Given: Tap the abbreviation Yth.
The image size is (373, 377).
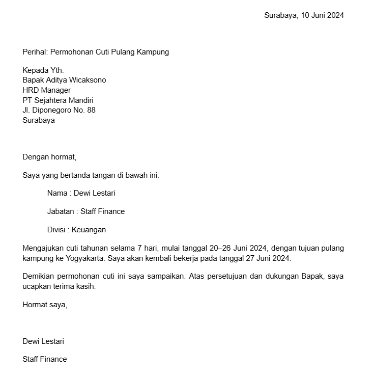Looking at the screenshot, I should [x=57, y=70].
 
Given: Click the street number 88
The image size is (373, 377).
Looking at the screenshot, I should [x=91, y=110].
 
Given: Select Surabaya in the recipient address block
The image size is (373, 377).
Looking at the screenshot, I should [x=39, y=121].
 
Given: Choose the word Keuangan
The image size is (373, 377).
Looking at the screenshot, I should [x=89, y=230].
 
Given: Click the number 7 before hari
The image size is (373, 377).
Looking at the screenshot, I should [x=139, y=248].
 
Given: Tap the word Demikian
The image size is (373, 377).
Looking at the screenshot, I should [x=39, y=277].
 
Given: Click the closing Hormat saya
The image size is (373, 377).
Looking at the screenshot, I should [x=45, y=305].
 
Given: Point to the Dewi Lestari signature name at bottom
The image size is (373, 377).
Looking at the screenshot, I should [x=43, y=341].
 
